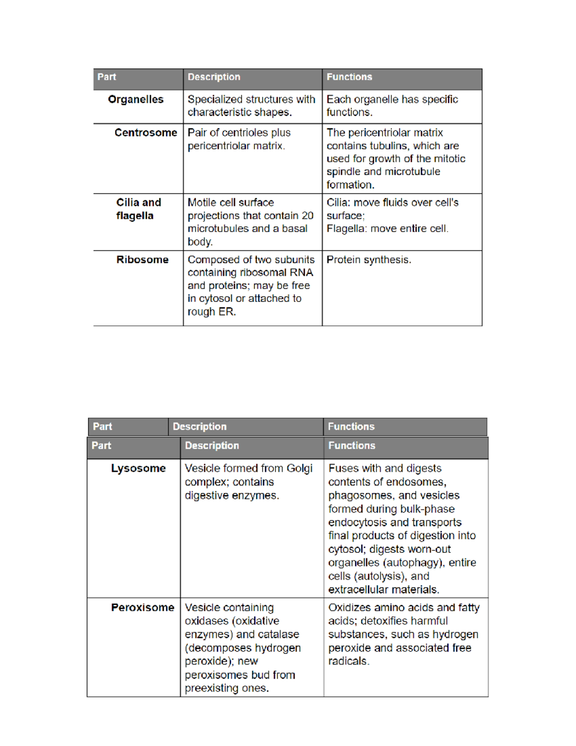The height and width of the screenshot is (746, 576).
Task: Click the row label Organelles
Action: tap(136, 99)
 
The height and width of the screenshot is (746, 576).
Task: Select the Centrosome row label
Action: tap(145, 133)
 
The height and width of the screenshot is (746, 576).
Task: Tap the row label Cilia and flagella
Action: tap(138, 209)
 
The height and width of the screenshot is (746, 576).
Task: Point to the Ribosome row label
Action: tap(142, 260)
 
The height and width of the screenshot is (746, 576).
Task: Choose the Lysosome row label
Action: tap(138, 468)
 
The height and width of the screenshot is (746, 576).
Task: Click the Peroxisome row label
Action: tap(143, 608)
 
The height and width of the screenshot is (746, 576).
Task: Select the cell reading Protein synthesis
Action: tap(369, 260)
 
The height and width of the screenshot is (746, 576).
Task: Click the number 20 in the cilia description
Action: tap(307, 216)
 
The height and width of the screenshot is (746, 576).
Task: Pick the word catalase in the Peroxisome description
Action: tap(279, 635)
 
